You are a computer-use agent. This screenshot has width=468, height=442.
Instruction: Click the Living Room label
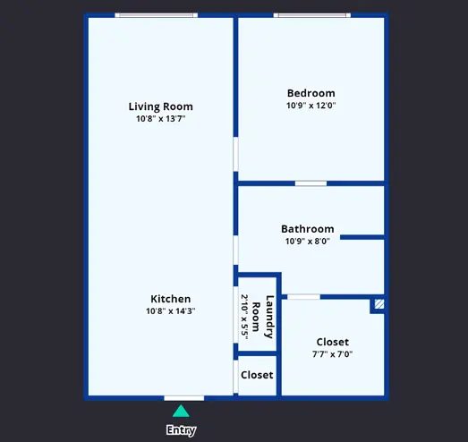160,106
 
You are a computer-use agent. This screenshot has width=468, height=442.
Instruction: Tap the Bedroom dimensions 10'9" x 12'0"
311,106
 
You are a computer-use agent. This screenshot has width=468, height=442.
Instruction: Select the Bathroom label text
308,229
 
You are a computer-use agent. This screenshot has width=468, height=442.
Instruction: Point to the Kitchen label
170,299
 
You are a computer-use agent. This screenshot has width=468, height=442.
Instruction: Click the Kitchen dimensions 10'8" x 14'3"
170,311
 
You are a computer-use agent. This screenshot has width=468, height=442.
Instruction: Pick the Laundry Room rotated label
263,317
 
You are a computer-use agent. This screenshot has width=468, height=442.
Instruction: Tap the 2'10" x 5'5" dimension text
244,317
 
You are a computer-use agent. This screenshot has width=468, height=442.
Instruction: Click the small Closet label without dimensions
257,375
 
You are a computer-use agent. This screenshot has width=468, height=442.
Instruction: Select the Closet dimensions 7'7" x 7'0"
332,354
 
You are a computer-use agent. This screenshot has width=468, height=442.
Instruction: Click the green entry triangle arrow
181,412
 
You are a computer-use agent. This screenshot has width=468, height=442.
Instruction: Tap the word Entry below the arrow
181,430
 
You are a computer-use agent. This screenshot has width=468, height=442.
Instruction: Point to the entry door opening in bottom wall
183,398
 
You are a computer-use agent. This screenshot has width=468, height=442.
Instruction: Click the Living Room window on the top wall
156,15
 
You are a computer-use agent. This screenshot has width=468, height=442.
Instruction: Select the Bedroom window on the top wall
312,15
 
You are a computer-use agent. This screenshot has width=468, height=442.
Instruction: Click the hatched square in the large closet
379,304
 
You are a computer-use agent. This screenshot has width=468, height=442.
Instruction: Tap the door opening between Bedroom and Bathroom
311,183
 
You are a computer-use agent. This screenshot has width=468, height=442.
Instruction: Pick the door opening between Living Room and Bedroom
236,154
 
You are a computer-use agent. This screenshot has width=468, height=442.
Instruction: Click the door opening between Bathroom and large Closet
303,297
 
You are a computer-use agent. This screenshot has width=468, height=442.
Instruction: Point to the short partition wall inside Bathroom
362,237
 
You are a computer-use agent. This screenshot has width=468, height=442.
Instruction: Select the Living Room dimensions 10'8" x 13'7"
160,119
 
